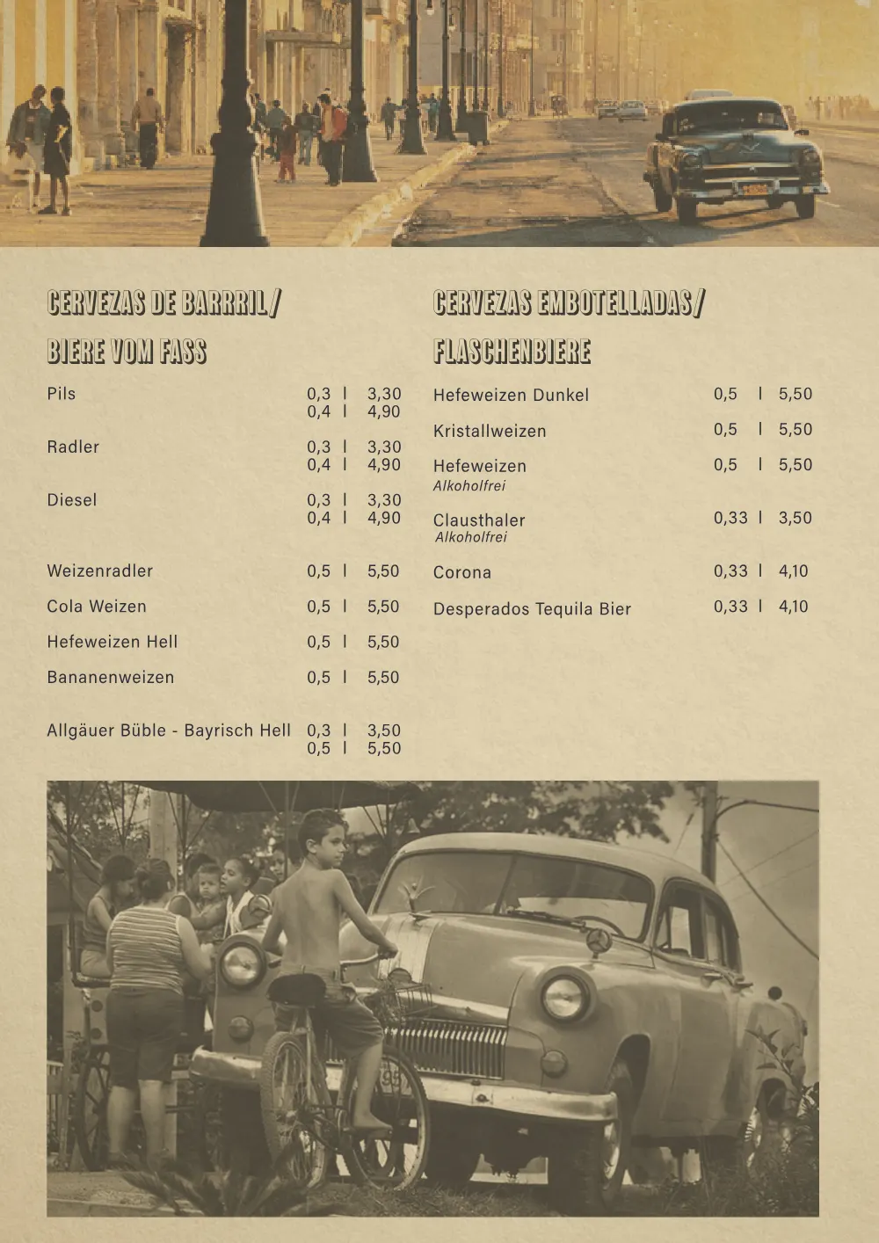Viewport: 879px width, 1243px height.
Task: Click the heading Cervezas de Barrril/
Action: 164,303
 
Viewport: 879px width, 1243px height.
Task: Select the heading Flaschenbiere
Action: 512,352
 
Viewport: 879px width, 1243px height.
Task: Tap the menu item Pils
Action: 62,394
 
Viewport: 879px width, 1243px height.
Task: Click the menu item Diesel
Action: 72,500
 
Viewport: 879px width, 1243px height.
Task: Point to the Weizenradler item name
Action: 100,571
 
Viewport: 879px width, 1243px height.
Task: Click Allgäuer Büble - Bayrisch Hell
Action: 169,731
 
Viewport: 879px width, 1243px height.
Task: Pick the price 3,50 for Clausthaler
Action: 795,518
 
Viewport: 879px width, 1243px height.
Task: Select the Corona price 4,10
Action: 793,571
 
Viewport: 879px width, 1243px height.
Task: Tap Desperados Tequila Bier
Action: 532,609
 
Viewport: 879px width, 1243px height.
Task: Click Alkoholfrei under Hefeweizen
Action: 469,486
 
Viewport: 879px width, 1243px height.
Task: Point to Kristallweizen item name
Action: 490,432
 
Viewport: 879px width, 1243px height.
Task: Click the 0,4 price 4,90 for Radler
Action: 383,465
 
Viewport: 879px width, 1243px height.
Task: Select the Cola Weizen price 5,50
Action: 383,607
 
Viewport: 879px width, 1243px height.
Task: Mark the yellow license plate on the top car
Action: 755,189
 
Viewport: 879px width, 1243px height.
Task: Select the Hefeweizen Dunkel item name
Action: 511,396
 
